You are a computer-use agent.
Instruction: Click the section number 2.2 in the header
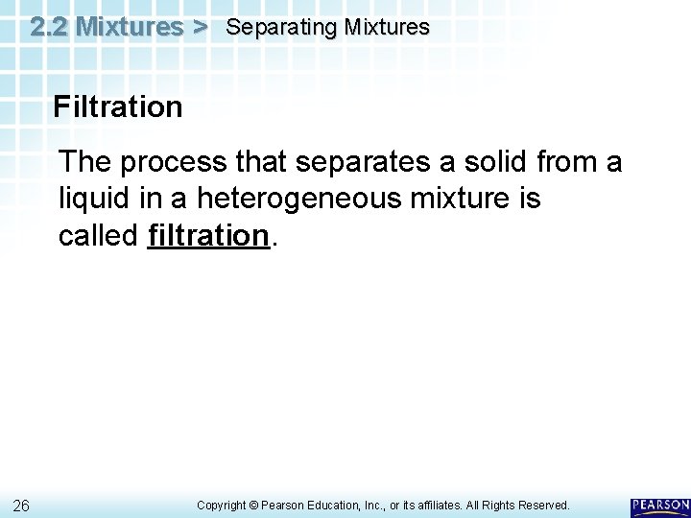point(49,27)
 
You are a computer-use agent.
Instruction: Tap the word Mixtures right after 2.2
point(130,27)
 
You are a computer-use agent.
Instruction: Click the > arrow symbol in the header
point(200,27)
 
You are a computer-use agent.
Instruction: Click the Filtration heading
point(118,106)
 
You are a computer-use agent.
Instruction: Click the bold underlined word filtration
point(208,235)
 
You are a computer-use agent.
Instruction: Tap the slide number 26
point(23,505)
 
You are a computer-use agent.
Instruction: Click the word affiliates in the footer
point(443,505)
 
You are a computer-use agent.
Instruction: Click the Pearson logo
point(660,506)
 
